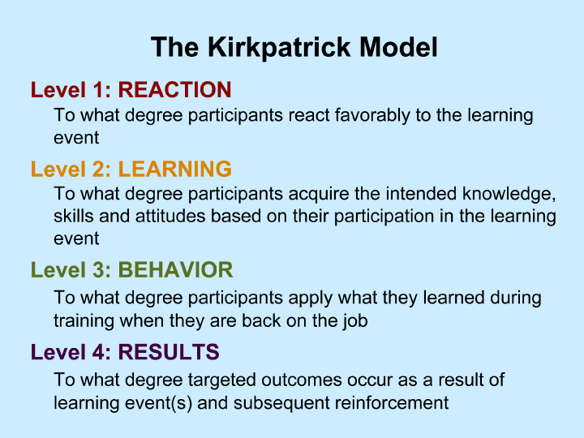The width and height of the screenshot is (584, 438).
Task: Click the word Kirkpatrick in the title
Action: (279, 48)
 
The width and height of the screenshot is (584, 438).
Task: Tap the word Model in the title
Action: (398, 47)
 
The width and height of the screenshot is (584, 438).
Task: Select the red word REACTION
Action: (174, 90)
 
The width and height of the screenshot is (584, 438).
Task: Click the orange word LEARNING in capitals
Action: (174, 169)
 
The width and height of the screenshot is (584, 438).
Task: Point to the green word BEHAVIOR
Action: (175, 269)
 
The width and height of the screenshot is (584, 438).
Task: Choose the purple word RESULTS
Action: (169, 352)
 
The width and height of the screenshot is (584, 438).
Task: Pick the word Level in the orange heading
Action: (58, 169)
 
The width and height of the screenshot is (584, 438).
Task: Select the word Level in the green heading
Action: (58, 269)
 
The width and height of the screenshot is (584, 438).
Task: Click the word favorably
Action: (372, 115)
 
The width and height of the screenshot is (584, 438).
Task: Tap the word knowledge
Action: (509, 195)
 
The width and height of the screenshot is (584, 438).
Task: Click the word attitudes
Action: (170, 217)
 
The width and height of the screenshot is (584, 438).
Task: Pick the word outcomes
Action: (301, 380)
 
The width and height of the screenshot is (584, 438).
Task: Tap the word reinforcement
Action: (392, 403)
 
